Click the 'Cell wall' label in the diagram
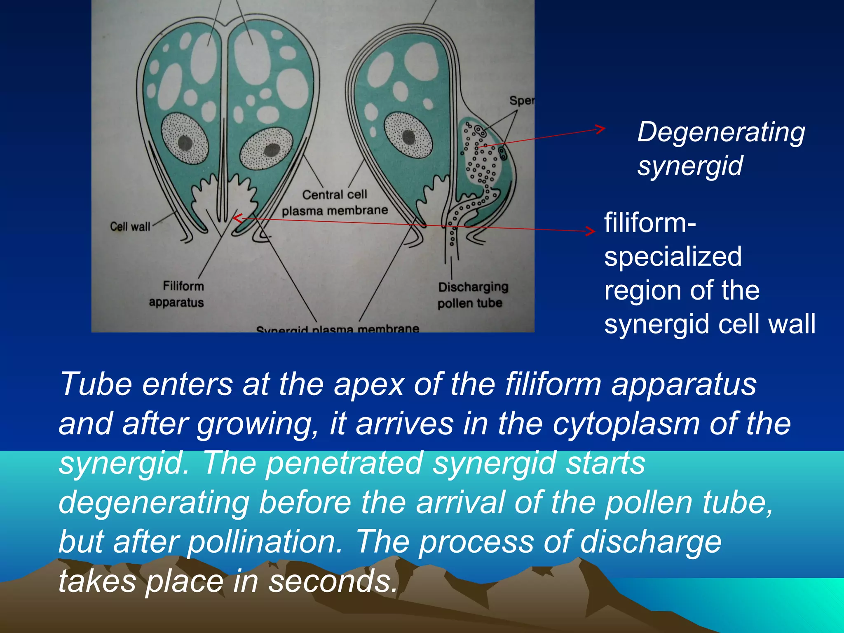coord(130,226)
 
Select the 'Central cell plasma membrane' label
coord(335,202)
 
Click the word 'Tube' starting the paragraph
coord(96,384)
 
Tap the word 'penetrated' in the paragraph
coord(344,462)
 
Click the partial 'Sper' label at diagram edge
coord(522,101)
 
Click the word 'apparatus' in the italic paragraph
coord(684,384)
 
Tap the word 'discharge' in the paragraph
coord(651,542)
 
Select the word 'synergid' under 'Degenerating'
coord(690,166)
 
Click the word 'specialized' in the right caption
coord(673,256)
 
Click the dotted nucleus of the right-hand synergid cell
coord(408,136)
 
